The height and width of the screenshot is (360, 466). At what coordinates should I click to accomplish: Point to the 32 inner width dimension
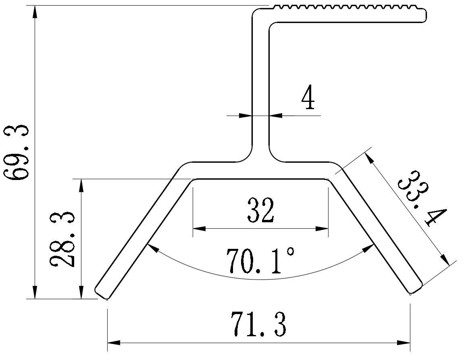(261, 210)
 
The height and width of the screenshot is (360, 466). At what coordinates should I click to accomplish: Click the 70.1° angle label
(260, 261)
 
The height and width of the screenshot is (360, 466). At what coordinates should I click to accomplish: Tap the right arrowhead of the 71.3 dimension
(404, 343)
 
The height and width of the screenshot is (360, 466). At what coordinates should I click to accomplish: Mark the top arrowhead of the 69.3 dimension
(35, 12)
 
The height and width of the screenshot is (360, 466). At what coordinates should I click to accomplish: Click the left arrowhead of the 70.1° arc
(152, 247)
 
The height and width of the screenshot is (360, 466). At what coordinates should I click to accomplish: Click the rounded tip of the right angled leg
(416, 288)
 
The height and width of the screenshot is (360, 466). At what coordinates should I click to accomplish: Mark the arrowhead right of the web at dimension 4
(275, 116)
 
